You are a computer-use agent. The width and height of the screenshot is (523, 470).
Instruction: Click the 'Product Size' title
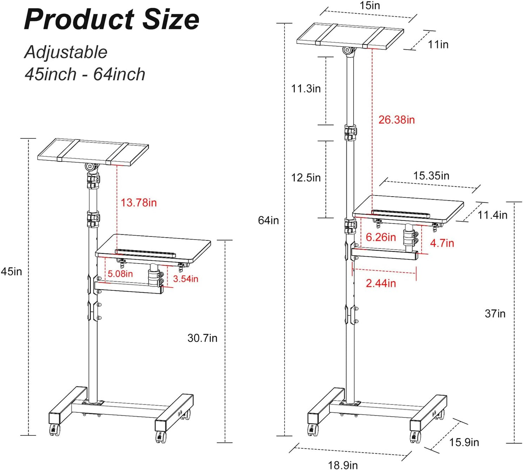point(111,20)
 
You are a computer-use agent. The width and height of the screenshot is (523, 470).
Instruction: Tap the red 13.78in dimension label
point(139,202)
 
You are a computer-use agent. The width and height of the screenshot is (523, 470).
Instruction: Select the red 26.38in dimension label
point(396,119)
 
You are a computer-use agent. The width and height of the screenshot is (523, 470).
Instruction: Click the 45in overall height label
point(11,271)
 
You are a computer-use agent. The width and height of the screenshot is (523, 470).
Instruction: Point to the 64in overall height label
point(268,220)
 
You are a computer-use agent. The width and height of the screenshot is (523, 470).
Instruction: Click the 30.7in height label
point(202,338)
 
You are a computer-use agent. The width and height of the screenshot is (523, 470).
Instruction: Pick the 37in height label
point(495,313)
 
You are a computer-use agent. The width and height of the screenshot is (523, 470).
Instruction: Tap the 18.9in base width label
point(343,465)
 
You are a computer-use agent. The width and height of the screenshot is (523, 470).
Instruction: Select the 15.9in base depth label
point(464,442)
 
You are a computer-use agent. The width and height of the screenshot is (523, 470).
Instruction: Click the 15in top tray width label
point(370,6)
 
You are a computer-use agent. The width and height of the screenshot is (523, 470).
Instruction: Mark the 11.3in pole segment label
point(306,88)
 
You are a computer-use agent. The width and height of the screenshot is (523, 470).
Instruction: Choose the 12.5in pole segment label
point(306,177)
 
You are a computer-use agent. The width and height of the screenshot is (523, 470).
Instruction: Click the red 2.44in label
point(381,283)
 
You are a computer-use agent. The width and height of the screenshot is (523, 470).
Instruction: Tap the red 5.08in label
point(120,273)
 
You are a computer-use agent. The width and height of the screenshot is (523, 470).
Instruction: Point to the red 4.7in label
point(442,243)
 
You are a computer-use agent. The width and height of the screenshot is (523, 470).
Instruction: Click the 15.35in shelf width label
point(431,176)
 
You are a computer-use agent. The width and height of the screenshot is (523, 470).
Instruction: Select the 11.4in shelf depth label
point(492,215)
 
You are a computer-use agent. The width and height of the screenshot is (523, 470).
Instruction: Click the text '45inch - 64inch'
point(85,74)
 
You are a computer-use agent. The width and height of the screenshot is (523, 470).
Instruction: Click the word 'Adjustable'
point(66,52)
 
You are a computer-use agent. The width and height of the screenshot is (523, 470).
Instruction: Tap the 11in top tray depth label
point(438,45)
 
